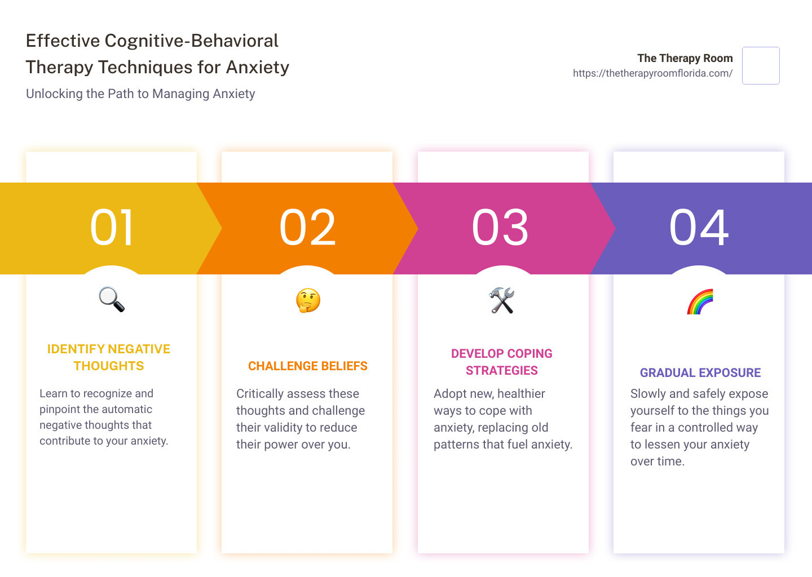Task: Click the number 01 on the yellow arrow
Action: click(112, 228)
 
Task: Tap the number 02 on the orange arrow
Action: click(308, 228)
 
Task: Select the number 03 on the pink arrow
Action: click(501, 228)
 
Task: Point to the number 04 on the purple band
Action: click(699, 228)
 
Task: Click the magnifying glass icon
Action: click(112, 299)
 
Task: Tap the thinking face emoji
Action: click(308, 300)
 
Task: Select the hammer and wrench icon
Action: click(502, 300)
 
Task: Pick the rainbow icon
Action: click(700, 301)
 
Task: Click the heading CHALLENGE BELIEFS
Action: click(308, 366)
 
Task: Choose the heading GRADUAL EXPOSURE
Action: click(700, 373)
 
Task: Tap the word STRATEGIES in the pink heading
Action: click(502, 371)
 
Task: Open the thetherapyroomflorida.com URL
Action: click(652, 73)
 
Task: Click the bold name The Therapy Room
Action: click(685, 58)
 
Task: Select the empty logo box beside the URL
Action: click(761, 66)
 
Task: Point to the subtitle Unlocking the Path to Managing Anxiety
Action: click(140, 94)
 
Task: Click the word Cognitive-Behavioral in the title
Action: click(192, 41)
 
